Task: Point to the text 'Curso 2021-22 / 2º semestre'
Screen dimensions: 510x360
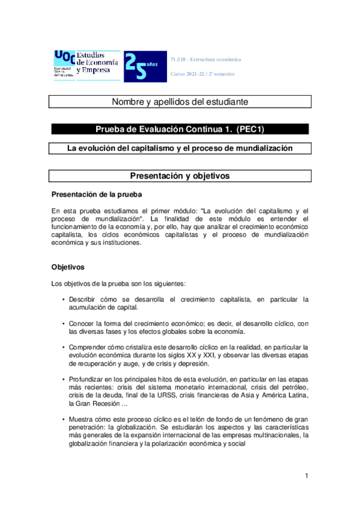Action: tap(203, 74)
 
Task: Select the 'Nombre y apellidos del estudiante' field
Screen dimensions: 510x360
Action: tap(180, 102)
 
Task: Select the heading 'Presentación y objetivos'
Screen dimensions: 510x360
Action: tap(180, 176)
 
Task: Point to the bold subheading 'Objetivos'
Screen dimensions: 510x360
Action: tap(68, 266)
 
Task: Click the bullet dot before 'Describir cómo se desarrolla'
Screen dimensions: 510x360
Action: tap(64, 299)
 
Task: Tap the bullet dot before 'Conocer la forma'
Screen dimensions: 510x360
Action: tap(64, 324)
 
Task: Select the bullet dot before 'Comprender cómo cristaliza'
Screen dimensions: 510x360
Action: tap(64, 348)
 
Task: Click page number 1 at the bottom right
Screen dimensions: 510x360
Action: tap(307, 476)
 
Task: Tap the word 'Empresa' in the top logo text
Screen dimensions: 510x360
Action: tap(93, 70)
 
